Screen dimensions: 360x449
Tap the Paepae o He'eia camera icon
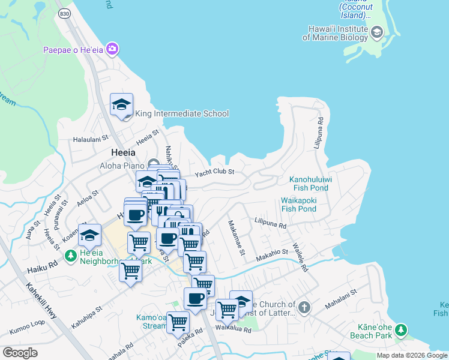point(112,49)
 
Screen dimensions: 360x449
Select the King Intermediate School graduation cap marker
point(121,105)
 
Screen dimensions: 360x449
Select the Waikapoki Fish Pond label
point(298,205)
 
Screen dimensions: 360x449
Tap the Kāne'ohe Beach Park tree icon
point(400,330)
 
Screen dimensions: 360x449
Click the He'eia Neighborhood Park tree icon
point(71,256)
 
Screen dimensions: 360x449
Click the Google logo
point(20,353)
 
